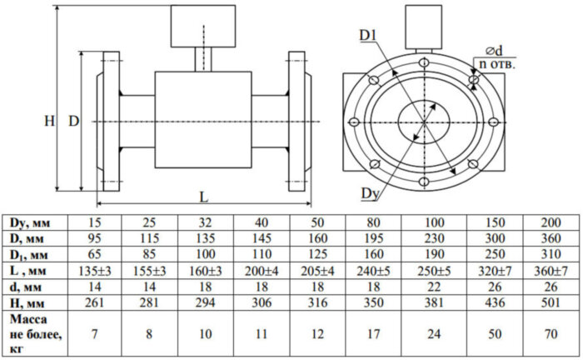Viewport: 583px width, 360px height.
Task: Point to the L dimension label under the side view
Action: click(203, 197)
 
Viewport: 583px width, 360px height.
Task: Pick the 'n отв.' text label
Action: click(497, 64)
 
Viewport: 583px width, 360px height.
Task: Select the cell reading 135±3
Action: click(94, 270)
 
